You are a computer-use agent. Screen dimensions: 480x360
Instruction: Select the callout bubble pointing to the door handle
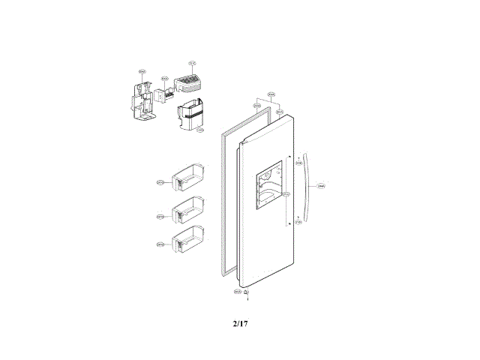click(x=321, y=185)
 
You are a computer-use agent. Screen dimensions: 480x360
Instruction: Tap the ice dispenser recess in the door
click(x=267, y=187)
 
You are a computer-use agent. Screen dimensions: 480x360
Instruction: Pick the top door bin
click(x=188, y=179)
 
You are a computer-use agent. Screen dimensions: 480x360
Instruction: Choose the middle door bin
click(x=188, y=213)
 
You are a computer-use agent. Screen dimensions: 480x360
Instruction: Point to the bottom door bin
click(x=187, y=241)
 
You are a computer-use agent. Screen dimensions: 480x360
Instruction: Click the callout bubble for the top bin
click(x=160, y=182)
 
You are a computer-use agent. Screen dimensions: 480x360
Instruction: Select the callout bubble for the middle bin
click(x=160, y=217)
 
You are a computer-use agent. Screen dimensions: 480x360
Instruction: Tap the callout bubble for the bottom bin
click(x=160, y=244)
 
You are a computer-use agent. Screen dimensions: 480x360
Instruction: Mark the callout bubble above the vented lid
click(x=191, y=63)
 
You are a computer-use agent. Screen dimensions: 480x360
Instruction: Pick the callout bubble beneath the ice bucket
click(x=199, y=130)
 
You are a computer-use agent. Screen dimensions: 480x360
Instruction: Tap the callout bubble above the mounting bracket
click(x=142, y=73)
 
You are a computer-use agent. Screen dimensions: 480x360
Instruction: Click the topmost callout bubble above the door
click(x=271, y=94)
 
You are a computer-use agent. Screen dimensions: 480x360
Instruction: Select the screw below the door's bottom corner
click(x=247, y=292)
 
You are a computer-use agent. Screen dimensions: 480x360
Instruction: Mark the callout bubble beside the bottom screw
click(x=237, y=291)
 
